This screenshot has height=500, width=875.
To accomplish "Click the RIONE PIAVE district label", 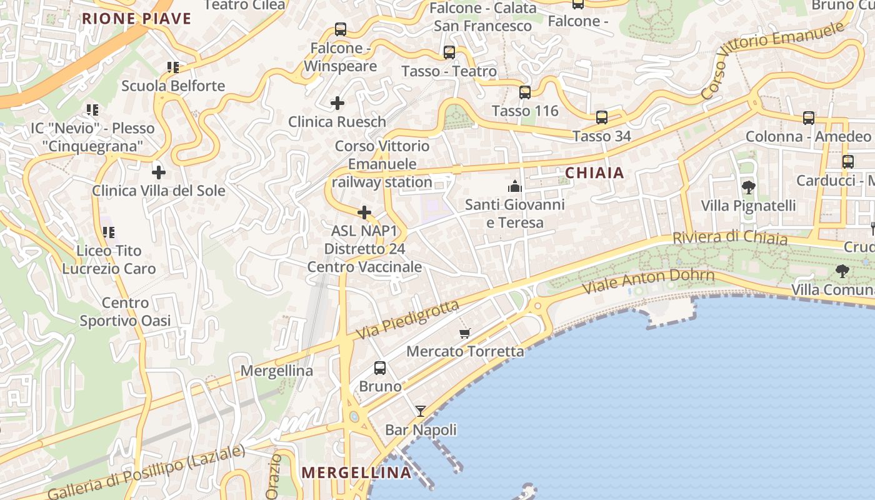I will (x=136, y=19).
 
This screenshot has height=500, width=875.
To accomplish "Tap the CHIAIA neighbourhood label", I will (x=594, y=173).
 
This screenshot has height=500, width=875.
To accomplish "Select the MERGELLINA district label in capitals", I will (x=356, y=472).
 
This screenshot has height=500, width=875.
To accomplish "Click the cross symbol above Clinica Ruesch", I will (x=337, y=102).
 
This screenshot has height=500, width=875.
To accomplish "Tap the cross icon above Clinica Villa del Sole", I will (x=159, y=172).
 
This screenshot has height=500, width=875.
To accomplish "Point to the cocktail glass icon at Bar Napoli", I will (x=421, y=411).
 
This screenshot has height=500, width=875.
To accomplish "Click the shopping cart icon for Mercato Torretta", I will (x=464, y=333).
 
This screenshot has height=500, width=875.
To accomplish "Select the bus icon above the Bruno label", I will (x=379, y=368).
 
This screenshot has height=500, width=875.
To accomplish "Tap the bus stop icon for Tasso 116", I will (x=524, y=92).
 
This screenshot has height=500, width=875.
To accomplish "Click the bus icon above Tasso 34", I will (x=601, y=117).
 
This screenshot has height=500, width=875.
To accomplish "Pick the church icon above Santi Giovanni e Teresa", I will (x=514, y=186).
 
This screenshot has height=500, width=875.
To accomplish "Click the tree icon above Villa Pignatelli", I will (x=747, y=187).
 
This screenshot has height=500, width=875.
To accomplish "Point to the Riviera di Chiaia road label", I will (x=730, y=238).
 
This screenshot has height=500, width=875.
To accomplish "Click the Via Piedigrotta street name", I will (x=407, y=320).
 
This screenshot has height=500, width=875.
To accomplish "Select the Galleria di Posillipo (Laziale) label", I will (x=145, y=472).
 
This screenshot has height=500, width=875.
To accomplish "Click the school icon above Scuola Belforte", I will (x=172, y=67).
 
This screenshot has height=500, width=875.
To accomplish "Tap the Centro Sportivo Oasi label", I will (x=125, y=312).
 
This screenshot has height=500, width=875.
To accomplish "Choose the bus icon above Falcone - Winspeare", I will (x=340, y=29).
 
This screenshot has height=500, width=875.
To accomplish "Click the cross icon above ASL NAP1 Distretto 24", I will (x=364, y=212).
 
